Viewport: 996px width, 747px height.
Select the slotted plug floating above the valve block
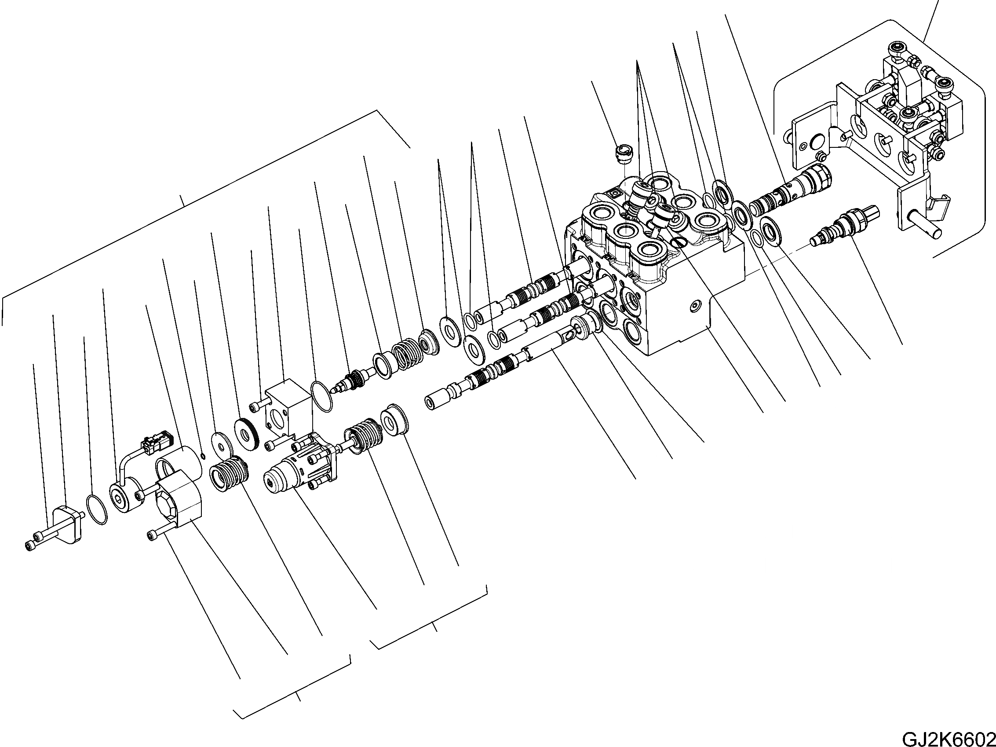tap(624, 156)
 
